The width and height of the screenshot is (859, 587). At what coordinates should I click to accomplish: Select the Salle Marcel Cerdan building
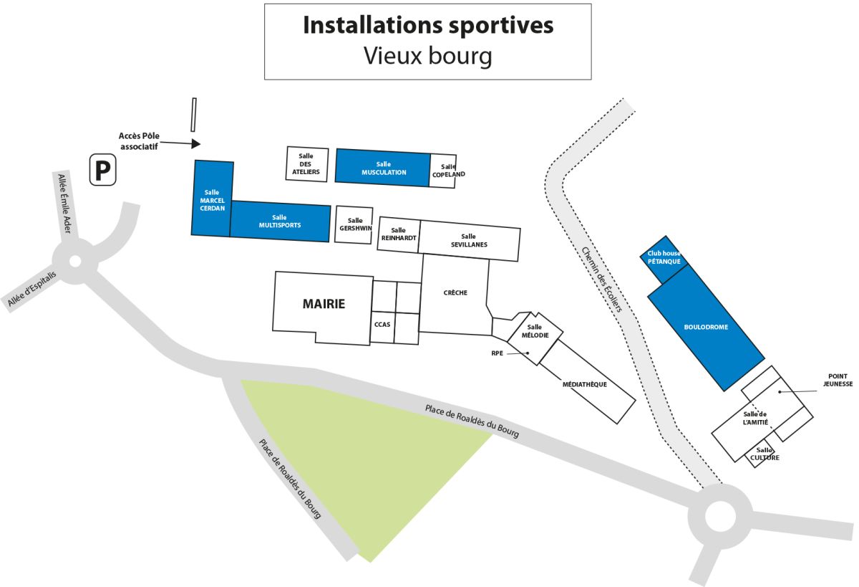tap(212, 199)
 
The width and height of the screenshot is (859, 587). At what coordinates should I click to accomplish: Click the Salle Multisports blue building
tap(280, 221)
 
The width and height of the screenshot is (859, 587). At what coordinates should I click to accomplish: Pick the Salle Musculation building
tap(383, 168)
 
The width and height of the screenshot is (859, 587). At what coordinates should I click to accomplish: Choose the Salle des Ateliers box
tap(307, 165)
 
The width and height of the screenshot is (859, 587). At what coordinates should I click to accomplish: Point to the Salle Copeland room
tap(444, 171)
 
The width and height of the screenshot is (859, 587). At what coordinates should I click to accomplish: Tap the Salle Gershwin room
tap(354, 225)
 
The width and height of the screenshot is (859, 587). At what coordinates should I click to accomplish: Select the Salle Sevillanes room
tap(469, 241)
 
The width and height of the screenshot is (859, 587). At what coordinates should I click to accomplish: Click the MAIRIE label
tap(324, 304)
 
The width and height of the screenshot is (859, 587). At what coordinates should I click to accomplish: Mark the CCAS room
tap(382, 325)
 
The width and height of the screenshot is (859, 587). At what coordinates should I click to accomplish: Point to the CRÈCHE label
tap(455, 292)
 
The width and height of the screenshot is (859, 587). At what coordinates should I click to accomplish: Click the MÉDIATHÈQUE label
tap(585, 384)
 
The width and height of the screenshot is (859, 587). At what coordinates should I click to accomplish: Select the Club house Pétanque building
tap(664, 257)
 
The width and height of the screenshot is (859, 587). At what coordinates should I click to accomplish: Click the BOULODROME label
tap(706, 327)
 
